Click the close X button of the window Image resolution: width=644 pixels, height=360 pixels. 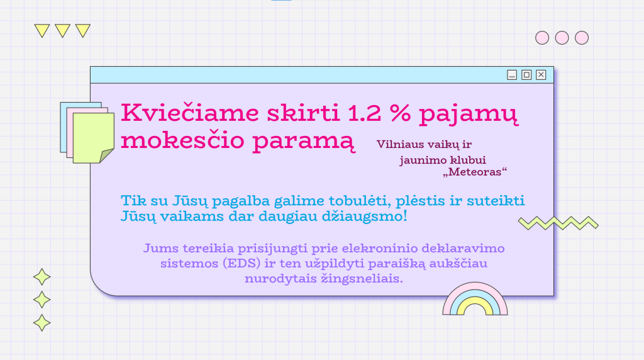[x=541, y=75]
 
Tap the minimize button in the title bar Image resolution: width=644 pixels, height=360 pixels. [x=512, y=75]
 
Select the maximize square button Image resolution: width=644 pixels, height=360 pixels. [x=526, y=75]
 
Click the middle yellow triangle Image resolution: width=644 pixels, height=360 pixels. [x=62, y=31]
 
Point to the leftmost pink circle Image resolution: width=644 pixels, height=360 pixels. [x=542, y=38]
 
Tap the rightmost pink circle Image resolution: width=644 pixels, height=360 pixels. [x=582, y=38]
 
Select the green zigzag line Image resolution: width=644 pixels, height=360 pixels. [x=558, y=223]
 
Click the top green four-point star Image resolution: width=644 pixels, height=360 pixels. [x=42, y=277]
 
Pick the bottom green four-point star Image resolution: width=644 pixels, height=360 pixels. [x=42, y=323]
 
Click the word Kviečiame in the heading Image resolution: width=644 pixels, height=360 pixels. [x=190, y=113]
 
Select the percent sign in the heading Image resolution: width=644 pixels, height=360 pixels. [x=401, y=113]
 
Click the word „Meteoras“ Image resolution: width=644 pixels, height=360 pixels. [x=475, y=172]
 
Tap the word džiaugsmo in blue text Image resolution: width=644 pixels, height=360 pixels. [x=364, y=217]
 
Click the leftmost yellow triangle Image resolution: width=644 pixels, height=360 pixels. [x=42, y=31]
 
